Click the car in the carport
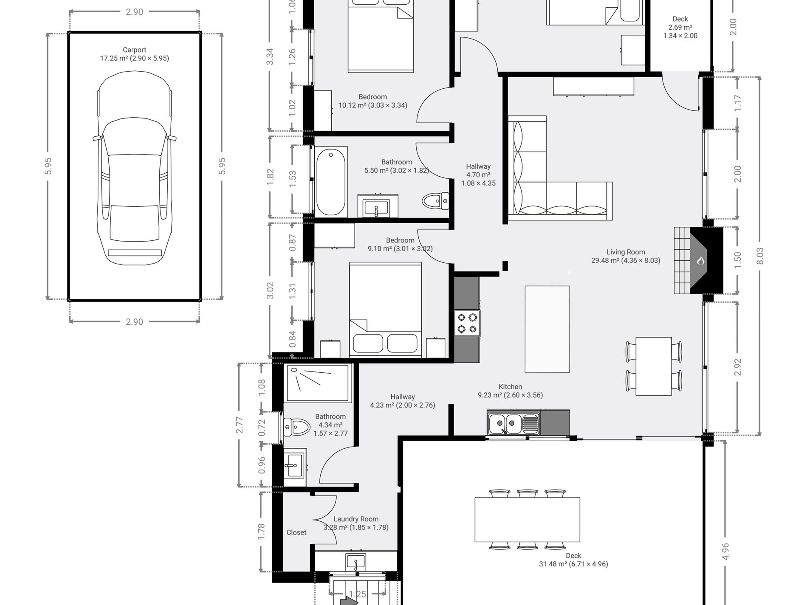pyautogui.click(x=134, y=168)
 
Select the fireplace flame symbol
pyautogui.click(x=700, y=260)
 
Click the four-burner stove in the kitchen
pyautogui.click(x=467, y=323)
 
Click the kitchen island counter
pyautogui.click(x=547, y=329)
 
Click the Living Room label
pyautogui.click(x=626, y=252)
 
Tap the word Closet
pyautogui.click(x=296, y=532)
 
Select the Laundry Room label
pyautogui.click(x=356, y=519)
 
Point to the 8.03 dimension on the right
pyautogui.click(x=760, y=256)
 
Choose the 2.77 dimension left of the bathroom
pyautogui.click(x=240, y=425)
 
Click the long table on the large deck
pyautogui.click(x=527, y=520)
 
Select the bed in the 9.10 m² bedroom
pyautogui.click(x=385, y=309)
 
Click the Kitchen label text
pyautogui.click(x=510, y=387)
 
